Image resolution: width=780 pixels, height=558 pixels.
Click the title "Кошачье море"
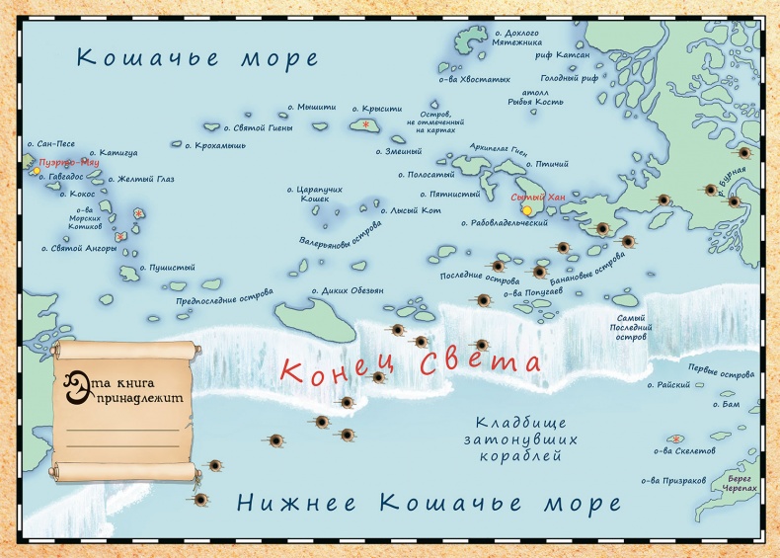(x=197, y=57)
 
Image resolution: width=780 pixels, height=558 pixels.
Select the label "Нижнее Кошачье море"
(x=429, y=504)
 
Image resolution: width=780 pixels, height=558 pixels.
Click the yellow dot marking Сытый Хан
(x=526, y=210)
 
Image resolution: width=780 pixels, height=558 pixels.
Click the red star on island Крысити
(x=366, y=124)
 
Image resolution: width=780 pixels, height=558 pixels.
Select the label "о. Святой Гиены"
(x=260, y=127)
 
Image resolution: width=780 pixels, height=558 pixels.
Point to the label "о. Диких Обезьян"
(x=348, y=290)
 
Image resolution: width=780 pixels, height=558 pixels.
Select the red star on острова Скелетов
(x=676, y=438)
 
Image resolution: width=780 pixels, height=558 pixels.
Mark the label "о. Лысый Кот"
(x=411, y=209)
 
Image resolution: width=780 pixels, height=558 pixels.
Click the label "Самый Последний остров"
(x=631, y=327)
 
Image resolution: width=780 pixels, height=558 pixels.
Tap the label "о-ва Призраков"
(x=673, y=481)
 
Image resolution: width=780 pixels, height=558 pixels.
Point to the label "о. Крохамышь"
(x=215, y=145)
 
